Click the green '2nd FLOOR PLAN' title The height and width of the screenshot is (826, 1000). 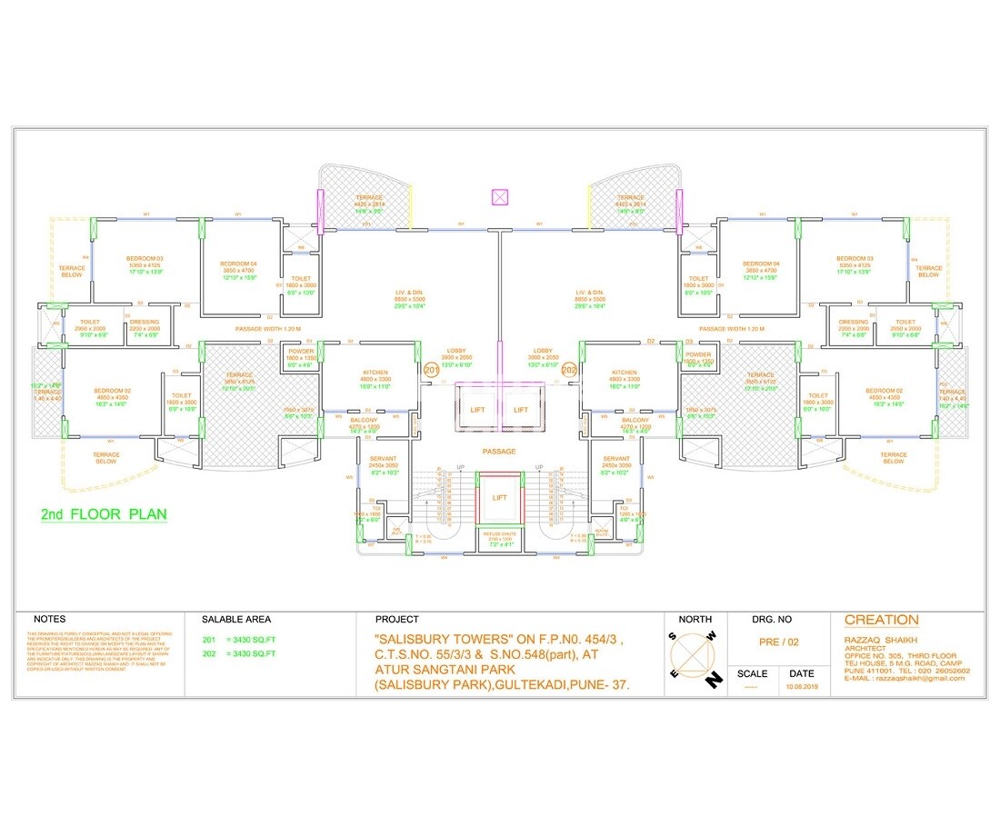click(105, 514)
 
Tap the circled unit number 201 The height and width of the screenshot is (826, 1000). click(432, 370)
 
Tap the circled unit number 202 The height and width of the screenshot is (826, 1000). click(570, 370)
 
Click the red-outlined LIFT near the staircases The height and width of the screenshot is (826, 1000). click(500, 498)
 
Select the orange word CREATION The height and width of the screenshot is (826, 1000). click(881, 621)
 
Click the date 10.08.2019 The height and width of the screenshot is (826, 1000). click(802, 688)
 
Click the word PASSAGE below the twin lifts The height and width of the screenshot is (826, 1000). click(499, 452)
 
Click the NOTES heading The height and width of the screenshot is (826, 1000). click(50, 619)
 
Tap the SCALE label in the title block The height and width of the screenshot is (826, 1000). click(752, 673)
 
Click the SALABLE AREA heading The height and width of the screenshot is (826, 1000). click(236, 619)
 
